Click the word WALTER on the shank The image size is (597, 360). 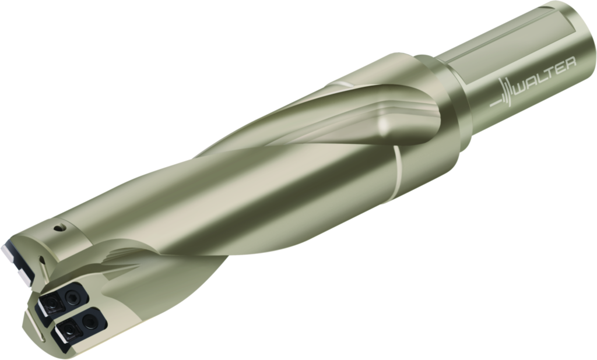point(545,76)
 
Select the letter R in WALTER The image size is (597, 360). point(570,62)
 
